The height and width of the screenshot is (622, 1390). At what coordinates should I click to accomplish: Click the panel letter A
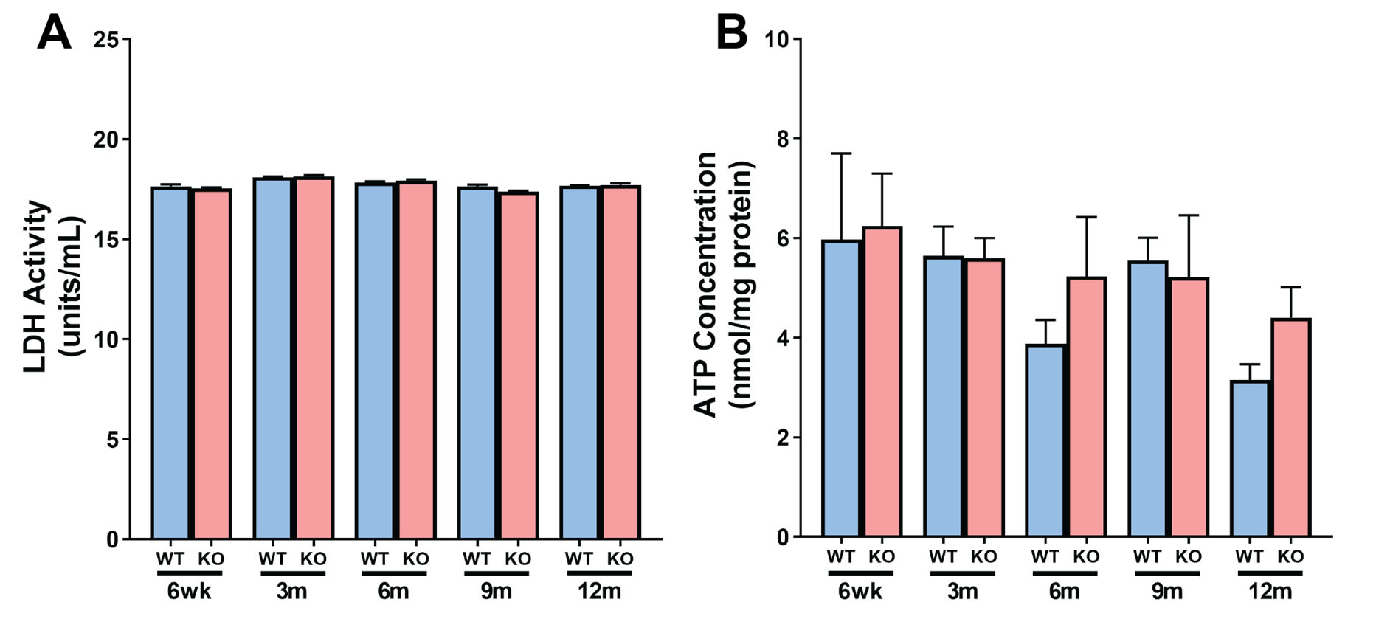tap(54, 33)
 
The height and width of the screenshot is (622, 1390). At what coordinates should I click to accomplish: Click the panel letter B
tap(731, 33)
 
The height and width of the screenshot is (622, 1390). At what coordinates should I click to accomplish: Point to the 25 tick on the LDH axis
tap(106, 39)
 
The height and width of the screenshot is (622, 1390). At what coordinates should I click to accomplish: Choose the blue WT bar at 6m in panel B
tap(1045, 440)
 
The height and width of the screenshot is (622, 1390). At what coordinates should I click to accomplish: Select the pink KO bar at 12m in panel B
tap(1290, 427)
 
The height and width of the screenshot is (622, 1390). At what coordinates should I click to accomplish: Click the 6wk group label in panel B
tap(860, 592)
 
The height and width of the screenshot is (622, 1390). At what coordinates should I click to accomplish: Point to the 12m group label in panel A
tap(598, 592)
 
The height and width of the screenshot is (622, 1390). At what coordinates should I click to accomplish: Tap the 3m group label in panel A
tap(291, 592)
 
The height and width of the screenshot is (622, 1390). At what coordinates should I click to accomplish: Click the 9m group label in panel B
tap(1167, 592)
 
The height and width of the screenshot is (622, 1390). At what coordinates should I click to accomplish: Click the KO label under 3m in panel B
tap(983, 556)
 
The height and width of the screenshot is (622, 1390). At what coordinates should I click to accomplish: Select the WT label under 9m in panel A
tap(477, 559)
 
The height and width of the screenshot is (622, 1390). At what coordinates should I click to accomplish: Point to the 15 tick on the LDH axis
tap(106, 240)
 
